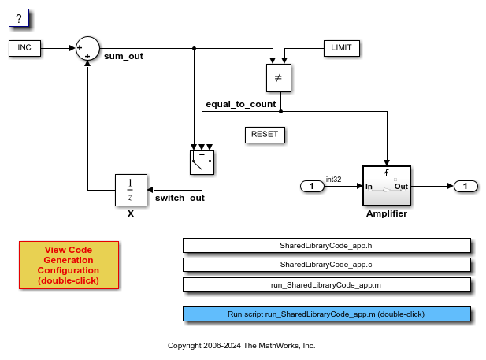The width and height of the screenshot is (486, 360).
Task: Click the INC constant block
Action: pyautogui.click(x=24, y=48)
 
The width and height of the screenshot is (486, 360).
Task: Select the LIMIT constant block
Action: pyautogui.click(x=341, y=48)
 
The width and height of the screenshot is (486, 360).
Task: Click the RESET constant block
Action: pyautogui.click(x=265, y=135)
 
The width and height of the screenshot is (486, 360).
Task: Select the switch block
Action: pyautogui.click(x=202, y=161)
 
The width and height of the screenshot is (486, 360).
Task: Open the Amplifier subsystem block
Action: pyautogui.click(x=387, y=187)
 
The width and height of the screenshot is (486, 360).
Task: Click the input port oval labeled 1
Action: pyautogui.click(x=312, y=187)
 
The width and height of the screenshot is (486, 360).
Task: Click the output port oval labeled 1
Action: pyautogui.click(x=466, y=187)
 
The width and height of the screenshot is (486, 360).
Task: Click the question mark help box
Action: pyautogui.click(x=18, y=18)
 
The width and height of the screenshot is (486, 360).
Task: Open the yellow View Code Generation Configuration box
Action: pyautogui.click(x=69, y=265)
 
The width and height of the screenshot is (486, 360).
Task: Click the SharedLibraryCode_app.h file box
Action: pyautogui.click(x=326, y=245)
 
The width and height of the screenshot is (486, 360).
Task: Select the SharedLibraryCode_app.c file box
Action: pyautogui.click(x=326, y=265)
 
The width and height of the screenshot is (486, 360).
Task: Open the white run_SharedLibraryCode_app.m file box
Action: pyautogui.click(x=326, y=284)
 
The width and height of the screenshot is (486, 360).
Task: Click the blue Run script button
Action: pyautogui.click(x=326, y=314)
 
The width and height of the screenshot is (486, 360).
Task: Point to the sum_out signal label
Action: pyautogui.click(x=124, y=57)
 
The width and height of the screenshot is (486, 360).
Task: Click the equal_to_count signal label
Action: pyautogui.click(x=240, y=104)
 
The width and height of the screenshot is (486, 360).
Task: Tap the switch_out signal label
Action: pyautogui.click(x=180, y=198)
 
